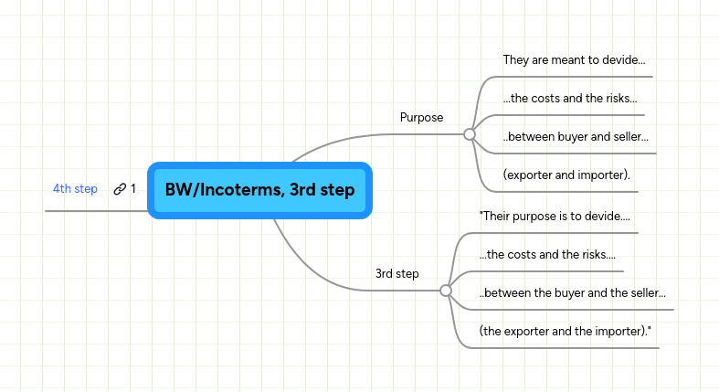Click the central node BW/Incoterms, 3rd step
click(259, 191)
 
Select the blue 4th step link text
click(75, 189)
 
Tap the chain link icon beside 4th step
click(120, 189)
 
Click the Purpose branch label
click(421, 117)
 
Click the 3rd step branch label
click(397, 273)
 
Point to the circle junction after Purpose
click(470, 133)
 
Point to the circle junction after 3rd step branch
click(446, 291)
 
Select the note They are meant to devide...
click(574, 60)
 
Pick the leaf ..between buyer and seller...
click(575, 137)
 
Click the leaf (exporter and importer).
click(566, 175)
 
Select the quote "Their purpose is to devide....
click(555, 217)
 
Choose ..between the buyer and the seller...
click(572, 293)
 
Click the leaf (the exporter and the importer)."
click(565, 332)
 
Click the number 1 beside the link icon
click(133, 189)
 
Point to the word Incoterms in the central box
click(238, 191)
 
